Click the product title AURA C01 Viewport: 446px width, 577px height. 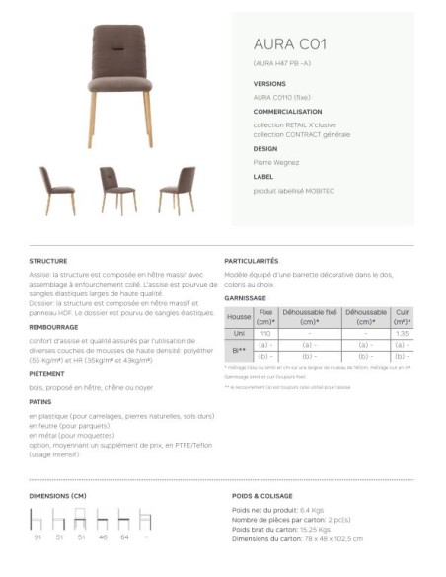[283, 44]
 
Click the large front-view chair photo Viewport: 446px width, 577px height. [121, 83]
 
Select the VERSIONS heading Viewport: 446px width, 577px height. [269, 84]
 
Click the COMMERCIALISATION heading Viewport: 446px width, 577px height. [287, 112]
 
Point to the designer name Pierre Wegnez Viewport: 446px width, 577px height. [276, 162]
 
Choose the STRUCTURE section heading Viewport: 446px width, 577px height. [48, 261]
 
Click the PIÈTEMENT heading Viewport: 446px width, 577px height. [46, 374]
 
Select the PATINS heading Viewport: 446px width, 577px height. [40, 403]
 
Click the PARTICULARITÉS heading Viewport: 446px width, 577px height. [253, 261]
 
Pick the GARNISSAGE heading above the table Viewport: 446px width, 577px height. [246, 297]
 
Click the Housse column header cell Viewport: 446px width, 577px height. [239, 317]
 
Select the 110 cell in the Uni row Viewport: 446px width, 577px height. [265, 334]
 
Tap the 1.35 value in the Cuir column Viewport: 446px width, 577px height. [402, 334]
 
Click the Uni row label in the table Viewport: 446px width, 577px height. [239, 334]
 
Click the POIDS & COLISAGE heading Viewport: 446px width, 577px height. [262, 494]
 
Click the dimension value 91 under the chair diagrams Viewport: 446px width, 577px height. [37, 538]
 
